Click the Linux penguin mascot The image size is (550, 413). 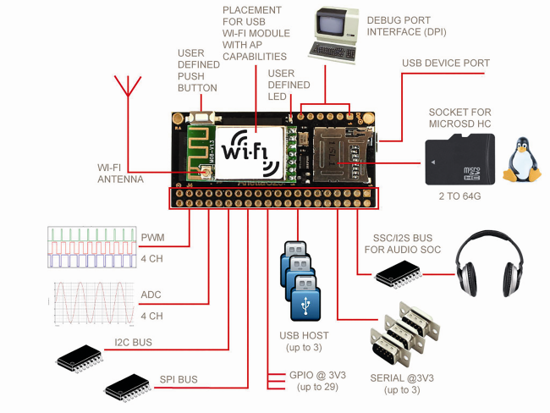(x=521, y=160)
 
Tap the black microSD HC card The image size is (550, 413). (x=459, y=160)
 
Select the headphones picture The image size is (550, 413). (x=490, y=264)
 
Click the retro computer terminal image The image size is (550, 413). (x=333, y=35)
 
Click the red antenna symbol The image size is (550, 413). (x=128, y=86)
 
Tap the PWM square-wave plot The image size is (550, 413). (x=92, y=247)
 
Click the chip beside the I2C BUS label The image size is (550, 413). (x=80, y=358)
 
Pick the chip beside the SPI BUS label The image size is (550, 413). (x=129, y=388)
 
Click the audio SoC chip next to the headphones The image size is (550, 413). (x=399, y=274)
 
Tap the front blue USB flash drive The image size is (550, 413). (x=305, y=298)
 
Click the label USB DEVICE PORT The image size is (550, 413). (x=446, y=63)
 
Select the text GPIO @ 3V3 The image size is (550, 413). (x=317, y=375)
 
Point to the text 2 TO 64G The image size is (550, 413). (x=459, y=196)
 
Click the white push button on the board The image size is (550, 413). (x=201, y=117)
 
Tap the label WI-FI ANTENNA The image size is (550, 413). (x=120, y=173)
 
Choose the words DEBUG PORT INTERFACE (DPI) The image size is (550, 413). (x=406, y=26)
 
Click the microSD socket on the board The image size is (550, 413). (x=343, y=155)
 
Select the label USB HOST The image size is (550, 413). (x=304, y=336)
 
